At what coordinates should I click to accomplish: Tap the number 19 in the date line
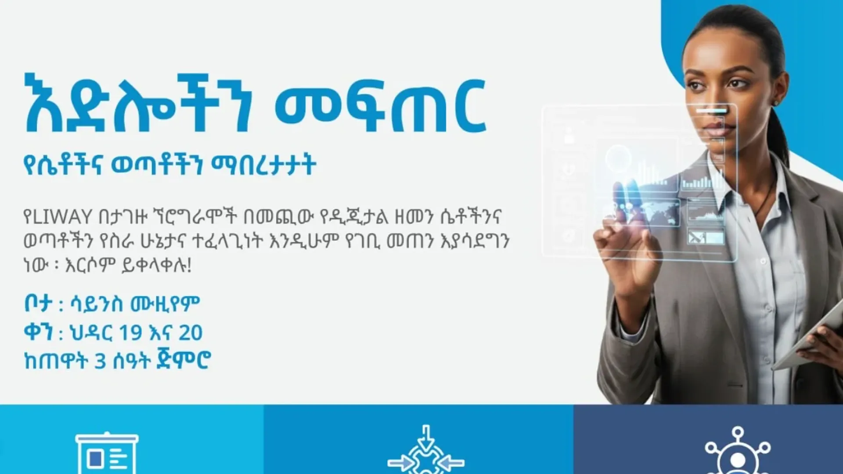click(130, 333)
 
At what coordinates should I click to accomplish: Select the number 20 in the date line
click(191, 333)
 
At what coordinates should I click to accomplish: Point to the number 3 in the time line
click(101, 361)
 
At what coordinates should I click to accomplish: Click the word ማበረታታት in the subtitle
click(263, 165)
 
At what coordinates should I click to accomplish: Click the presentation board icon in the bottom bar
click(107, 454)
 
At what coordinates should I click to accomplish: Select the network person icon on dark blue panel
click(738, 454)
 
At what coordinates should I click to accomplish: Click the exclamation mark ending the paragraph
click(189, 266)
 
